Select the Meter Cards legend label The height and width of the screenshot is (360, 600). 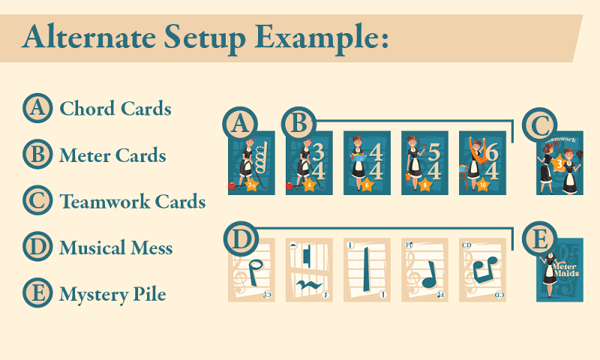pyautogui.click(x=112, y=156)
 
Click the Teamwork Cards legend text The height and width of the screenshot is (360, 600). pyautogui.click(x=132, y=202)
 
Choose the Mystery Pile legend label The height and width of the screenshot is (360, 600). pyautogui.click(x=112, y=295)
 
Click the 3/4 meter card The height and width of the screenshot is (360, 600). pyautogui.click(x=308, y=163)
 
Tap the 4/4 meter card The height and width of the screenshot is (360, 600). pyautogui.click(x=366, y=163)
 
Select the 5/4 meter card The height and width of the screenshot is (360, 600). pyautogui.click(x=424, y=163)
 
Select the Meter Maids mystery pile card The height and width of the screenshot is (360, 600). pyautogui.click(x=559, y=271)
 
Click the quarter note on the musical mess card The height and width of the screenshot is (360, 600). pyautogui.click(x=428, y=274)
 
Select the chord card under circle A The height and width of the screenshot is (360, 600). pyautogui.click(x=251, y=163)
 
